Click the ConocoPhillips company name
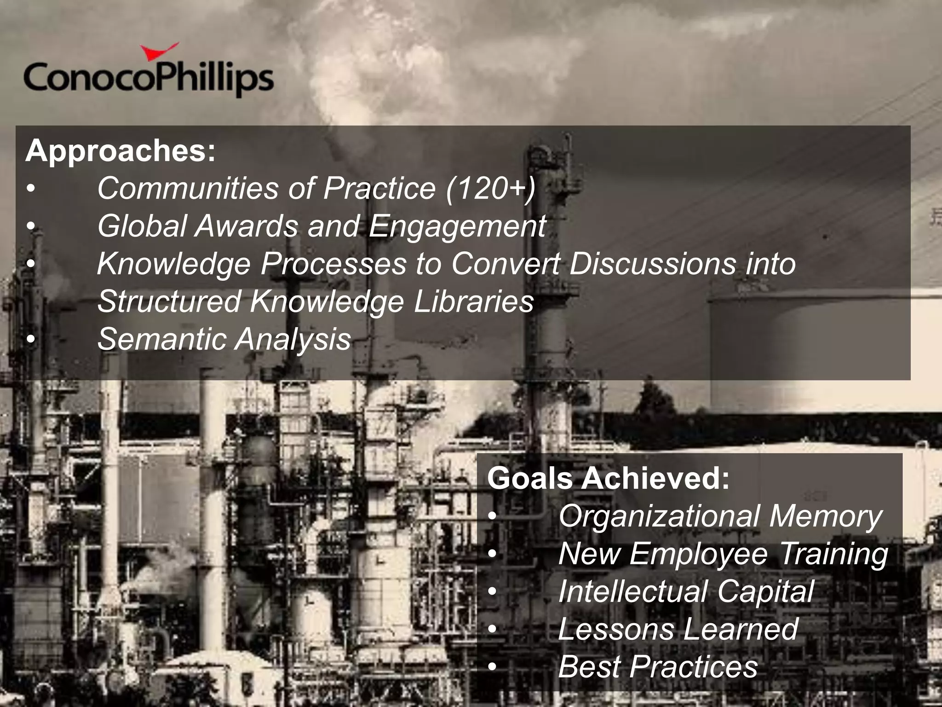tap(148, 79)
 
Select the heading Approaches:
tap(121, 151)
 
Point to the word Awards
tap(246, 226)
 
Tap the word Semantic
tap(161, 339)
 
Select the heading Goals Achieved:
tap(608, 479)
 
